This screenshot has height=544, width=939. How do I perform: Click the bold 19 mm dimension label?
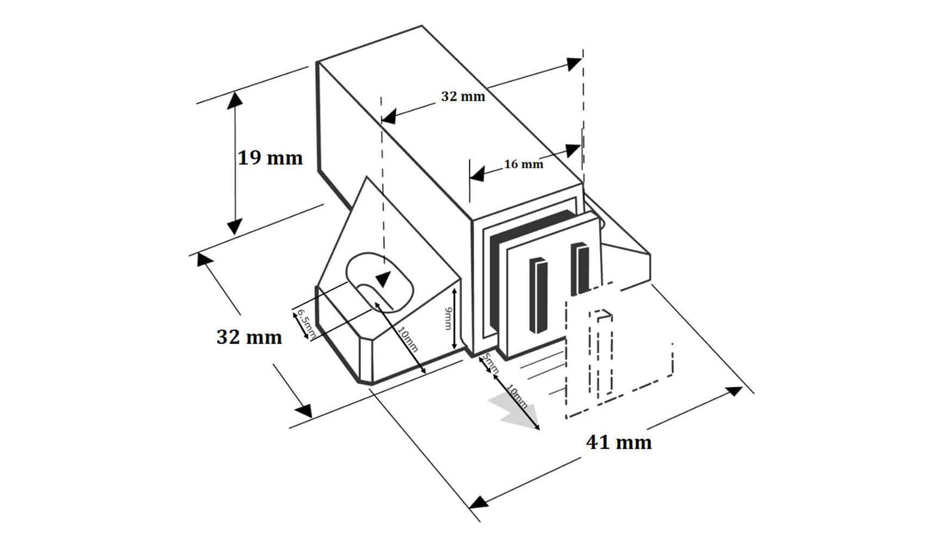[x=270, y=158]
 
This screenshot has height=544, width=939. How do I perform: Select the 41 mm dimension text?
[x=619, y=442]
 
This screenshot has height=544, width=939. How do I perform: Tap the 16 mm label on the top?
[x=523, y=164]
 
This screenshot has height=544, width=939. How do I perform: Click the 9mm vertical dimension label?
[x=447, y=318]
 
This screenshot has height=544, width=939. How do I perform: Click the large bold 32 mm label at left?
[x=249, y=337]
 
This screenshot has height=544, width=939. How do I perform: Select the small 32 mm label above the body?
[x=463, y=96]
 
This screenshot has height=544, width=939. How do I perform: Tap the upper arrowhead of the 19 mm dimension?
[x=235, y=100]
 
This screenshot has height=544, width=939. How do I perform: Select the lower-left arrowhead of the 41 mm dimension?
[x=478, y=501]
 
